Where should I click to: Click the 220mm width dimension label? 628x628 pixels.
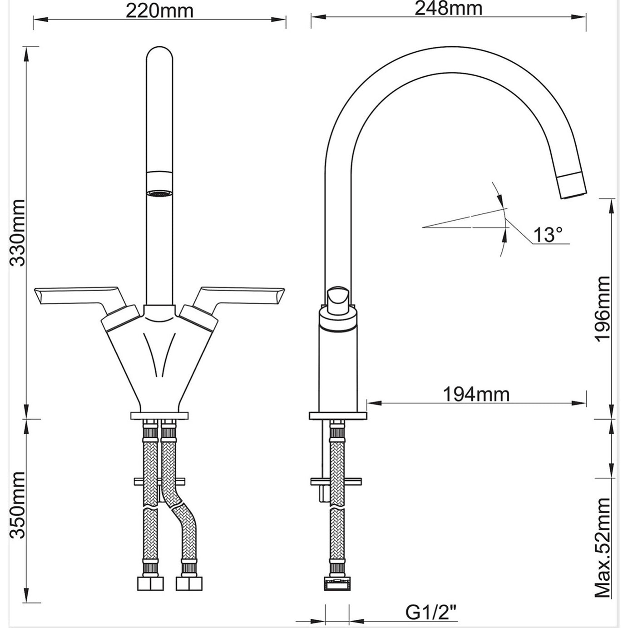click(159, 10)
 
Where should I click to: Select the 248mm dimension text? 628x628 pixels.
click(448, 8)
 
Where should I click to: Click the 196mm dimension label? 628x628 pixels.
click(603, 309)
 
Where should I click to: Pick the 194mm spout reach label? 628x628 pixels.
click(476, 394)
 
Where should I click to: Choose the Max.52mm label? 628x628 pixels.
click(603, 547)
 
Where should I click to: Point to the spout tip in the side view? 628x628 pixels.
click(573, 186)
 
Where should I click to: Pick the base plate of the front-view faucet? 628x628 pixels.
click(159, 415)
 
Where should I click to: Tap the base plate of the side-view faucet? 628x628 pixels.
click(338, 415)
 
